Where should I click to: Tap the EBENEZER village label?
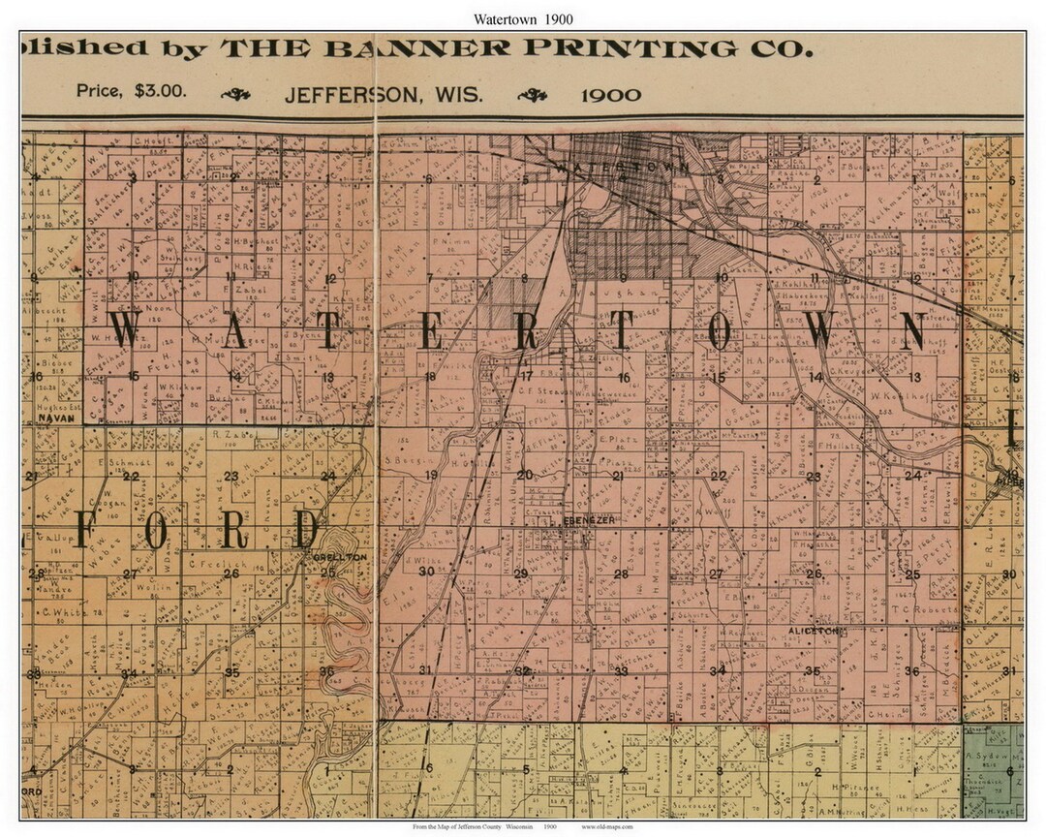[583, 520]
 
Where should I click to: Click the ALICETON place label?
[818, 631]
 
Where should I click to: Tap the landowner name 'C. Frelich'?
[207, 561]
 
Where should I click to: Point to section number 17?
[527, 376]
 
